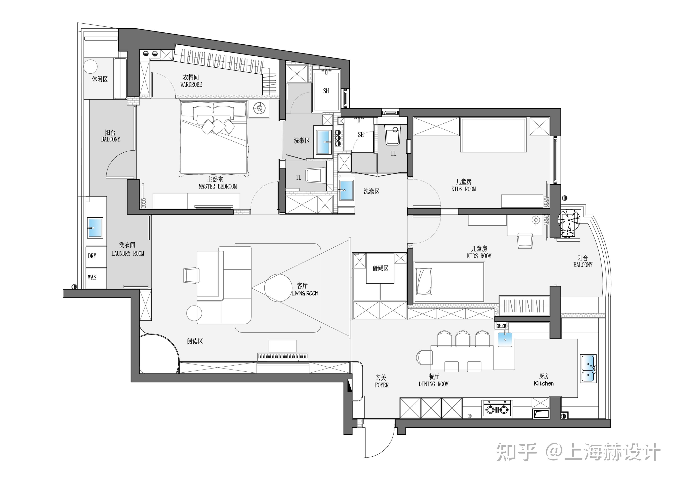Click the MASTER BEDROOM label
coord(218,186)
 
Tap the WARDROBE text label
coord(191,84)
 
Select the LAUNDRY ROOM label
coord(128,253)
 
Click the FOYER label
coord(382,385)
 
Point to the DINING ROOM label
coord(434,384)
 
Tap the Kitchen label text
coord(544,383)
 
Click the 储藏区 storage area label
coord(380,268)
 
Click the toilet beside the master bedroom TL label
coord(316,175)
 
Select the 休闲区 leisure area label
coord(100,79)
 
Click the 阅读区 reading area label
coord(195,341)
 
